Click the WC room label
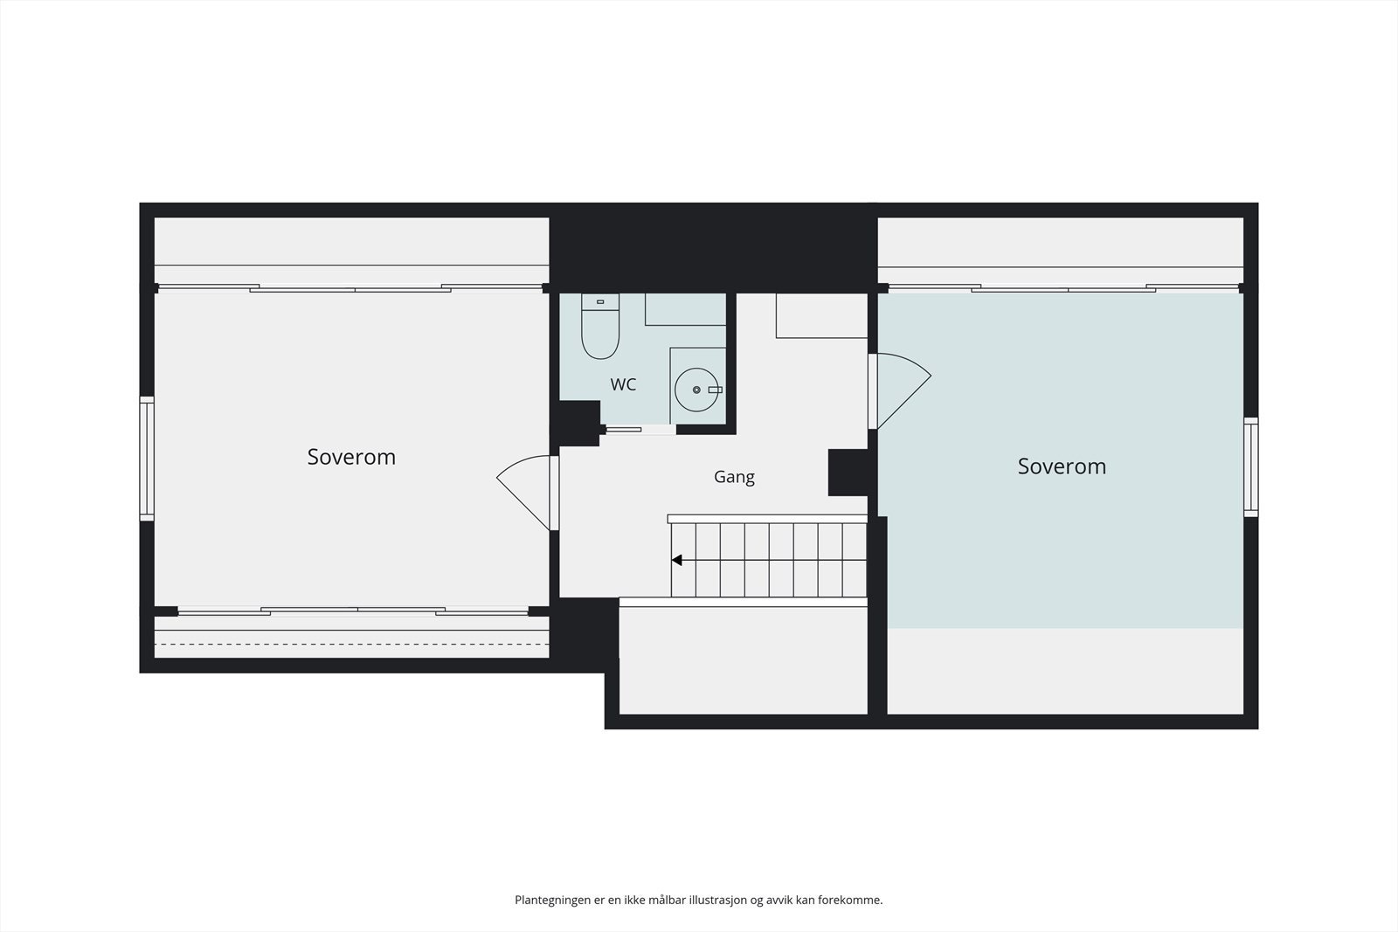click(623, 384)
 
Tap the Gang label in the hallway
click(734, 477)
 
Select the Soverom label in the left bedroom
click(351, 458)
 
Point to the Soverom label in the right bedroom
click(1062, 466)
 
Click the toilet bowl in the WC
click(600, 335)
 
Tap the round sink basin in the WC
click(696, 390)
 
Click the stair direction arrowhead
click(676, 560)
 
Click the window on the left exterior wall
click(147, 459)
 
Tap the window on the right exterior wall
click(1250, 467)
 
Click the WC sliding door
click(639, 430)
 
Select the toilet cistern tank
click(600, 302)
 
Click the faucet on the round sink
click(716, 390)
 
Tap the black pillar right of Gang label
click(848, 473)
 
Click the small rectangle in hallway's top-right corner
click(822, 315)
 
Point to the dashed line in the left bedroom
click(351, 644)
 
